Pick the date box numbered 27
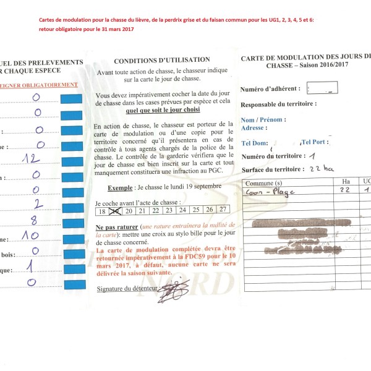coord(223,210)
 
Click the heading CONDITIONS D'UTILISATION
coord(162,60)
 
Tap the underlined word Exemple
coord(120,187)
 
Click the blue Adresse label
coord(252,127)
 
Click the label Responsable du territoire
coord(278,104)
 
